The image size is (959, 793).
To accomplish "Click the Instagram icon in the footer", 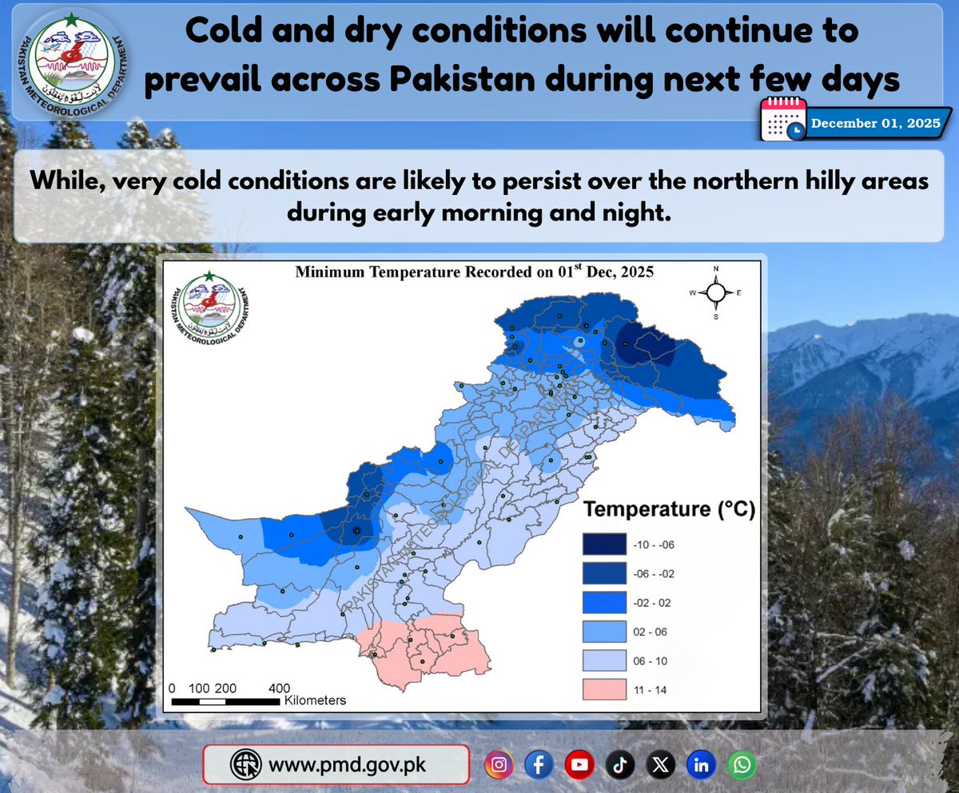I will [x=499, y=765].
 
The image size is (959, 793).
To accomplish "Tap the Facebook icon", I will [x=539, y=765].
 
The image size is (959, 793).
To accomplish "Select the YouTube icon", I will [x=579, y=765].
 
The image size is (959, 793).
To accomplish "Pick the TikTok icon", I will [x=619, y=765].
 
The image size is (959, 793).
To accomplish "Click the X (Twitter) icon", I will [x=659, y=765].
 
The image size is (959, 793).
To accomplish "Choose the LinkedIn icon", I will [x=701, y=765].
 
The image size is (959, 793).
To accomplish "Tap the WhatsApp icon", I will [x=742, y=765].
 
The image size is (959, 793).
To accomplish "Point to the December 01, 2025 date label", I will [x=875, y=124].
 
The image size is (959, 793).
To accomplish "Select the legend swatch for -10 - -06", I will [x=604, y=545].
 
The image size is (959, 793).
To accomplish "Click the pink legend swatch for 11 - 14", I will [x=604, y=689].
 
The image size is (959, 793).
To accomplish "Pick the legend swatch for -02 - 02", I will [x=604, y=603].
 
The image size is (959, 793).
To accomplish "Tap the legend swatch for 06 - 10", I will [x=604, y=660].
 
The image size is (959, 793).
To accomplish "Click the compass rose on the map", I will [x=716, y=292].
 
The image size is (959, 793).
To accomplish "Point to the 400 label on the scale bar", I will [x=278, y=688].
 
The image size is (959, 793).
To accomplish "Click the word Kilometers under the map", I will [x=315, y=700].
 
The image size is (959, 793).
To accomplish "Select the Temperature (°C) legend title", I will [x=669, y=509].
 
